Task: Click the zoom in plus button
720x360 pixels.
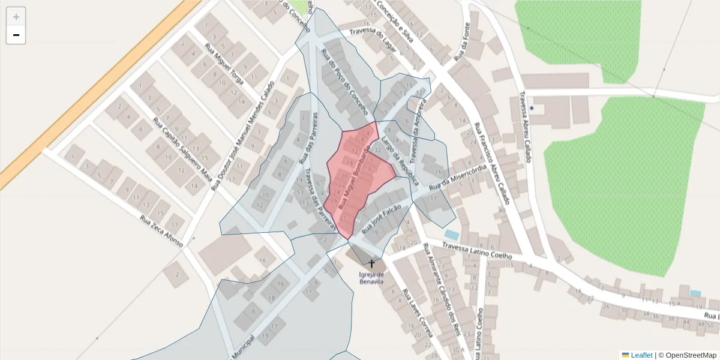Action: pos(16,17)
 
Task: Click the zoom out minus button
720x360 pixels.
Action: pos(16,35)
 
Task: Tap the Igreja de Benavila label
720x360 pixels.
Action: pos(371,278)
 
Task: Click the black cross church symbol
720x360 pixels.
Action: pos(371,263)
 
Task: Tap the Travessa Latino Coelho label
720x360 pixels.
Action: pos(477,251)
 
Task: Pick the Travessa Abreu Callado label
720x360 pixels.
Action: pos(526,127)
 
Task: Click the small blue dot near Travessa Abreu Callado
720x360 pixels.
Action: pos(532,109)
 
